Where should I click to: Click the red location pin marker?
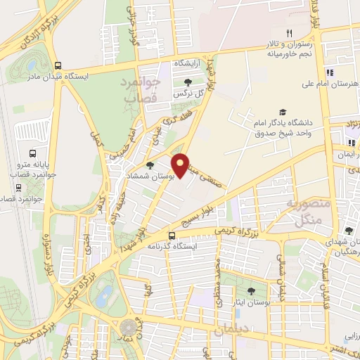coord(182,165)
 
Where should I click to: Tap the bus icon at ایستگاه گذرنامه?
coord(172,236)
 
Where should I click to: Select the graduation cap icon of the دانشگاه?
coord(283,112)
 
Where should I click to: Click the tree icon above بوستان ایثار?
coord(250,290)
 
